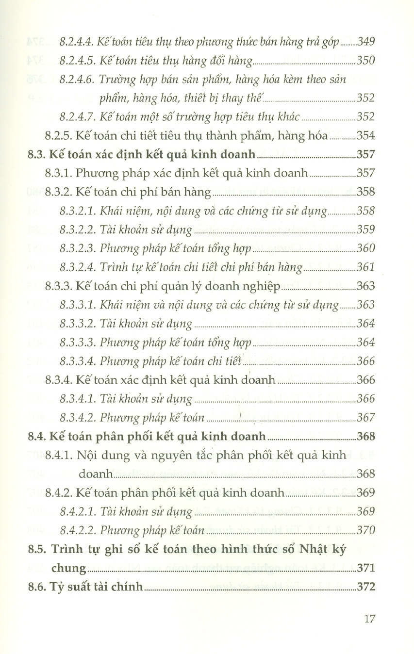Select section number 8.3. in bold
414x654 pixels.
coord(36,155)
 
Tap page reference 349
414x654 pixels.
coord(365,42)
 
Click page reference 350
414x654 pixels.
coord(365,61)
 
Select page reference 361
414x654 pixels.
coord(365,267)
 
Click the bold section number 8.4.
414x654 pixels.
coord(36,436)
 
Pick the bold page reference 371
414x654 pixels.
coord(365,568)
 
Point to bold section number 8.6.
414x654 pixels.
coord(36,587)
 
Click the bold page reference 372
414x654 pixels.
coord(365,587)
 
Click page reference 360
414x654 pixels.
coord(365,248)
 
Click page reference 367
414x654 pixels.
coord(365,418)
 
